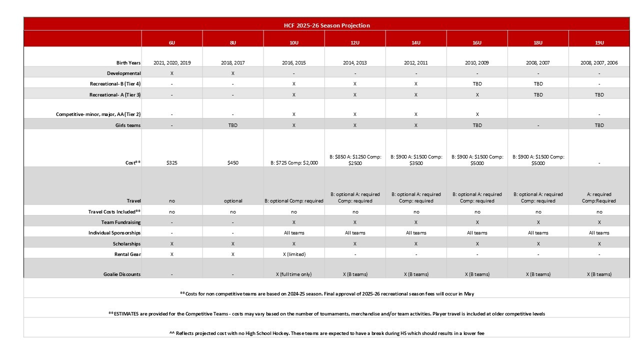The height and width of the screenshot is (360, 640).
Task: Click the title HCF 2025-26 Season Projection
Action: coord(326,25)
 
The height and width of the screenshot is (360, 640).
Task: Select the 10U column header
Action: coord(294,43)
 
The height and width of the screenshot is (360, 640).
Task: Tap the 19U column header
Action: coord(599,43)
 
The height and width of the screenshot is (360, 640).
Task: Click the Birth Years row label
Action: coord(128,63)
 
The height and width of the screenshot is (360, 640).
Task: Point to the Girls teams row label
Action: coord(127,125)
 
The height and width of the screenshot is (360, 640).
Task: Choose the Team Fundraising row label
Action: coord(121,222)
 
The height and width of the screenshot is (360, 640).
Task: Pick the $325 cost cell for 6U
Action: coord(172,163)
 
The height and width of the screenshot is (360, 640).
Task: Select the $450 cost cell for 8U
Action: coord(233,163)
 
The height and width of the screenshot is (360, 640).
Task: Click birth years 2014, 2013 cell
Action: coord(355,63)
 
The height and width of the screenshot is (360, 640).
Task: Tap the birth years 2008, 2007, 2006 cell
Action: coord(599,63)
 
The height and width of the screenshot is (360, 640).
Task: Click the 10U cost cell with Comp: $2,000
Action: coord(294,163)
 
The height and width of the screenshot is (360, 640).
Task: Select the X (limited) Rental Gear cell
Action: coord(294,254)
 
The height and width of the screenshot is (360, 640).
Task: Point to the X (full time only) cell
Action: coord(294,274)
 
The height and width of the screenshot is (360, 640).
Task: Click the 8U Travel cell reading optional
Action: coord(233,201)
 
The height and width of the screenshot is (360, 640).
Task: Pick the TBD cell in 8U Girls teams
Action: coord(233,125)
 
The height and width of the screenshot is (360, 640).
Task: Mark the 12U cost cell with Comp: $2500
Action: coord(355,160)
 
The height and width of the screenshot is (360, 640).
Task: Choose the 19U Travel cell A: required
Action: coord(599,197)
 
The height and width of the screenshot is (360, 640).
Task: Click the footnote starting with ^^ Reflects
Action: coord(326,333)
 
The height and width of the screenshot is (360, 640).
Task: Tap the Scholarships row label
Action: coord(126,244)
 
